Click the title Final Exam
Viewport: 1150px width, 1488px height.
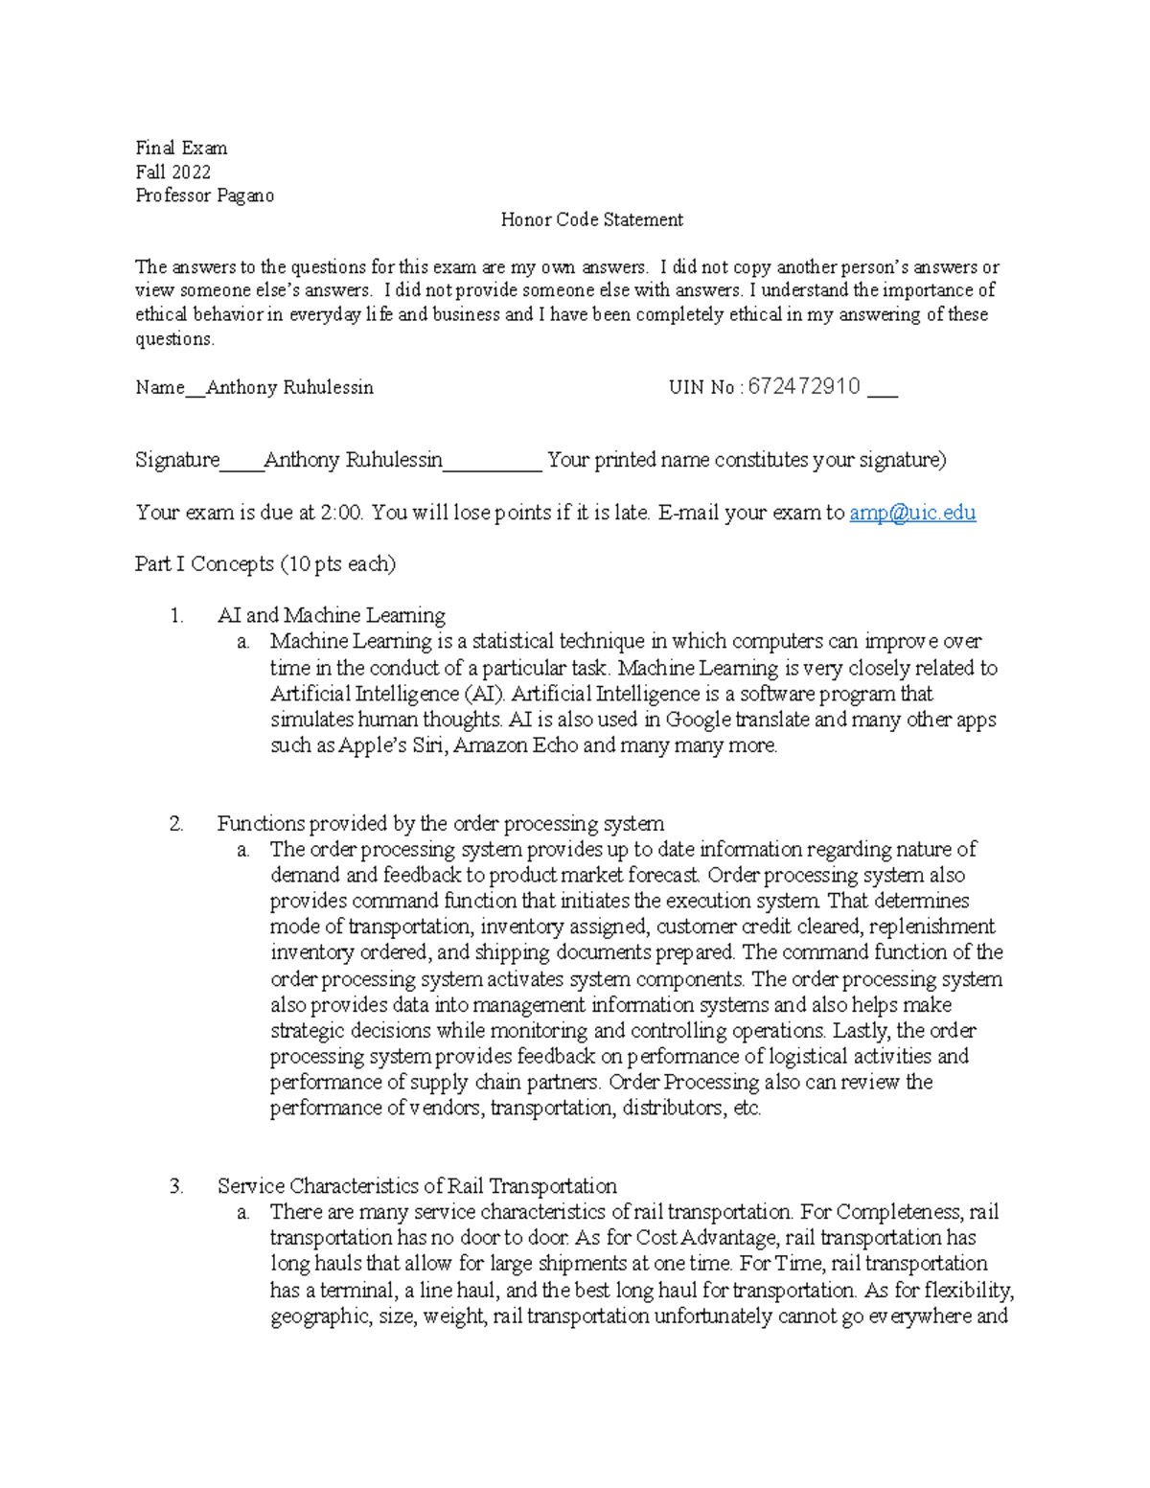point(181,148)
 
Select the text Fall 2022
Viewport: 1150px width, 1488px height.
point(172,172)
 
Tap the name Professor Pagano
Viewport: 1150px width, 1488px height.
point(204,195)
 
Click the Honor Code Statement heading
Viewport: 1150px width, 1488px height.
point(591,219)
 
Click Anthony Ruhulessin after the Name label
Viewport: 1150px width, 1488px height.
point(289,387)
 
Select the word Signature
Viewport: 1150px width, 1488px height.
point(177,460)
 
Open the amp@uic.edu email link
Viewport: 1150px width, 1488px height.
point(912,513)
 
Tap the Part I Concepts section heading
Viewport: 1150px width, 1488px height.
point(265,563)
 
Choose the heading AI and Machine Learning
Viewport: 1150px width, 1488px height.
point(331,615)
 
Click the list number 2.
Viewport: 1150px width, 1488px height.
point(176,823)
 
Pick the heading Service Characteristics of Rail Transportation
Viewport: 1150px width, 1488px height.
point(417,1186)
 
